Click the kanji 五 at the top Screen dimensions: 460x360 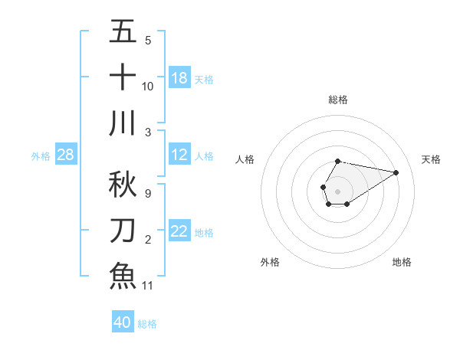coord(123,32)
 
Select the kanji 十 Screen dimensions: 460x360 coord(123,77)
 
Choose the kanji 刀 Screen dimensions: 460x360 coord(123,230)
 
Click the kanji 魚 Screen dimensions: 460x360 coord(123,275)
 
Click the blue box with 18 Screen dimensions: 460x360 coord(179,77)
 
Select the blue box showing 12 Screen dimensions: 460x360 coord(179,155)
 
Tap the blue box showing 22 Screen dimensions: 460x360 coord(179,231)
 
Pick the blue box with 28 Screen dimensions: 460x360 coord(66,155)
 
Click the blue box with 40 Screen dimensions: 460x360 coord(123,322)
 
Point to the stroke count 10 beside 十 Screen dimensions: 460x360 coord(148,86)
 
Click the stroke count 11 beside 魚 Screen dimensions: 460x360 coord(148,285)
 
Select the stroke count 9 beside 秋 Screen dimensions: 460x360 coord(148,193)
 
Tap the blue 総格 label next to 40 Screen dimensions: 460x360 coord(147,324)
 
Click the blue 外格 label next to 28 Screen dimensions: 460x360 coord(41,156)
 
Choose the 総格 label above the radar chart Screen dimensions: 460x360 coord(337,100)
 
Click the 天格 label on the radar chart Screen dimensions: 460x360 coord(432,159)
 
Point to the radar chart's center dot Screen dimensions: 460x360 coord(337,190)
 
